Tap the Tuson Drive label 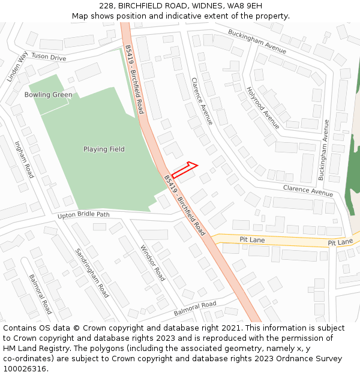pyautogui.click(x=49, y=58)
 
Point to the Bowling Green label pyautogui.click(x=49, y=95)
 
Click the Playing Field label pyautogui.click(x=104, y=149)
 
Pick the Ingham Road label pyautogui.click(x=25, y=159)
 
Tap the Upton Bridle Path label pyautogui.click(x=83, y=215)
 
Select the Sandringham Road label pyautogui.click(x=92, y=273)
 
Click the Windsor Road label pyautogui.click(x=152, y=263)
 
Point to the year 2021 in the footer pyautogui.click(x=231, y=328)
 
